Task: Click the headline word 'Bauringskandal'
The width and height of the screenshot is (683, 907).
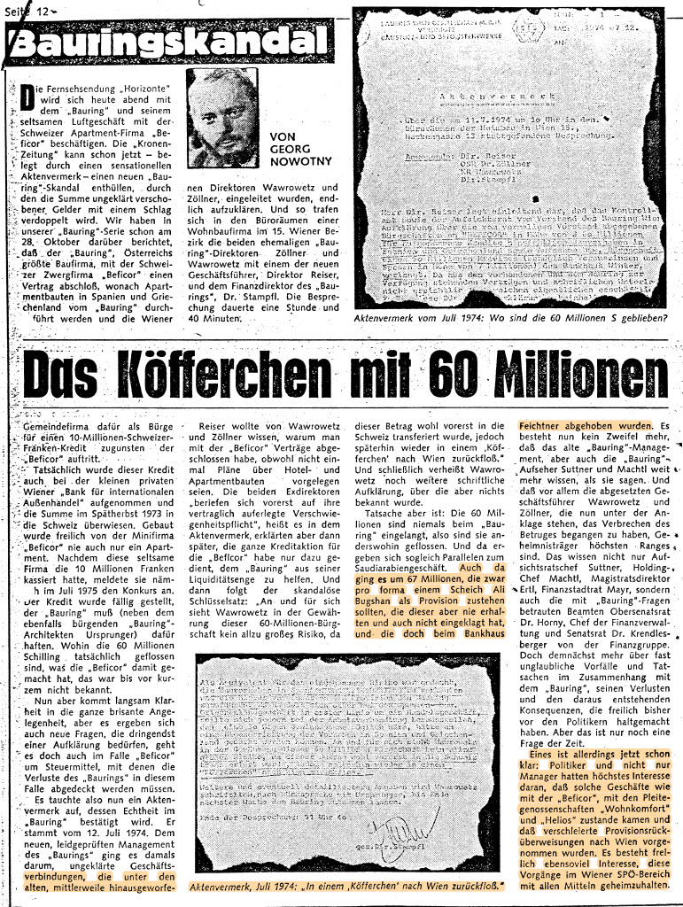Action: (x=164, y=43)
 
